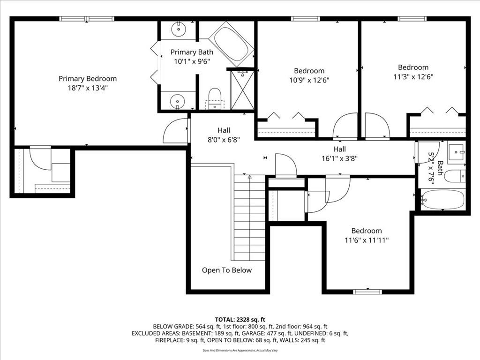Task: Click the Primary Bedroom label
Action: click(88, 79)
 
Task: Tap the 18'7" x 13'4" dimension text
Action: click(88, 88)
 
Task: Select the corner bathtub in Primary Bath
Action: click(232, 44)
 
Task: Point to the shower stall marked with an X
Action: click(242, 90)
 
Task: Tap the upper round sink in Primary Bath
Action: click(178, 29)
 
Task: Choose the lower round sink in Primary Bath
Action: click(177, 100)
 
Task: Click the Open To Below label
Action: click(227, 270)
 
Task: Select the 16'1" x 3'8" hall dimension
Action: click(339, 158)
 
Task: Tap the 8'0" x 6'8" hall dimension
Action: click(224, 140)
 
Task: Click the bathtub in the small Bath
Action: click(442, 200)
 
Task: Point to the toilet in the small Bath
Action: click(455, 176)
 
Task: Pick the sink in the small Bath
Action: click(457, 152)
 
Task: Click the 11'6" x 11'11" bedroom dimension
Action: click(367, 240)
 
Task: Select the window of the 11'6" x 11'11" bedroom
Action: click(367, 292)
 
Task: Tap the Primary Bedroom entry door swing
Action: click(175, 131)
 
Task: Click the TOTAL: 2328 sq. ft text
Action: click(240, 320)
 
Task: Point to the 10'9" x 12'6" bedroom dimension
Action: click(309, 80)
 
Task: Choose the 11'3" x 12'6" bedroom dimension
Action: click(413, 76)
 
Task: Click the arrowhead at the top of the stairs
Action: click(249, 177)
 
